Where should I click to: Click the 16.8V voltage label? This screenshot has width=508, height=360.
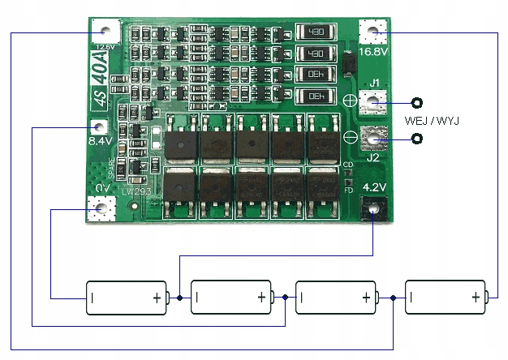pos(373,51)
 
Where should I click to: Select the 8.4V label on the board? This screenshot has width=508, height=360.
pos(100,141)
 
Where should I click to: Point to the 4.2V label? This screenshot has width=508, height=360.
pos(374,187)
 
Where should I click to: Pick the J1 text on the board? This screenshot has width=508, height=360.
pos(374,83)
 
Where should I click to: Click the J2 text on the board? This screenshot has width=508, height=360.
pos(372,158)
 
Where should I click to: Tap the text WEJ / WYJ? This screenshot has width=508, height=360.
pos(432,122)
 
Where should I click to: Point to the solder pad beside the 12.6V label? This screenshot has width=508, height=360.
pos(103,32)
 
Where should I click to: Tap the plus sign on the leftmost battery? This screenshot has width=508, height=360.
pos(157,298)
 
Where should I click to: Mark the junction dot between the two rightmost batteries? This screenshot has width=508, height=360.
pos(394,298)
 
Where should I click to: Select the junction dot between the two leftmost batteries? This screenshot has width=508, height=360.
pos(180,298)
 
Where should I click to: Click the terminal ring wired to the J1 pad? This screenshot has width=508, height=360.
pos(417,103)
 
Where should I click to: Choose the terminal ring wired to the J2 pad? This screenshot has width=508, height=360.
pos(417,139)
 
